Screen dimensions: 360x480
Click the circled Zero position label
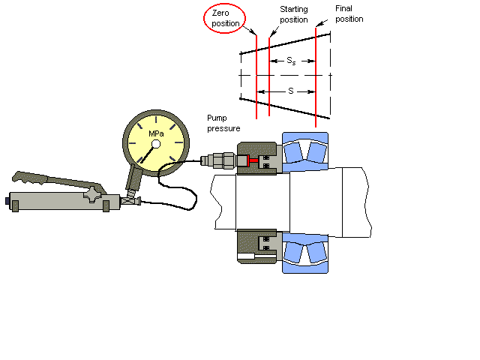click(226, 18)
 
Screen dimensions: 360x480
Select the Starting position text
click(293, 13)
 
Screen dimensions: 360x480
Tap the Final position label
click(349, 13)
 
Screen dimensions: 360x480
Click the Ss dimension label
click(292, 59)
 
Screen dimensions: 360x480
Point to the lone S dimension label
click(290, 91)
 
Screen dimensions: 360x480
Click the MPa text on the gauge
click(156, 133)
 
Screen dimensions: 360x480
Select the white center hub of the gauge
click(155, 144)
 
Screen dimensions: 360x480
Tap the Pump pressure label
click(223, 123)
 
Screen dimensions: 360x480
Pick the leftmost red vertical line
click(256, 75)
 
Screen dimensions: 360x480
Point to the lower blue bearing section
click(304, 250)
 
